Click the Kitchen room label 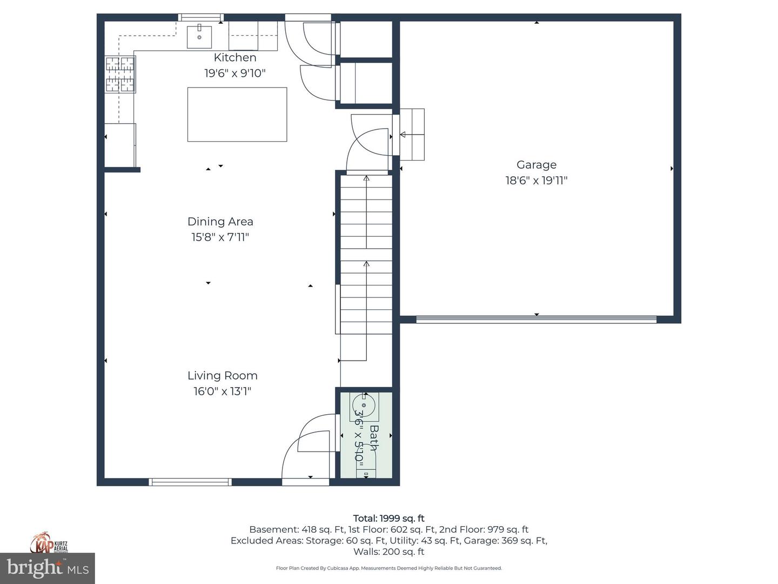click(234, 57)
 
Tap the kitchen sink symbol click(199, 36)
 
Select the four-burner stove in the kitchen click(120, 74)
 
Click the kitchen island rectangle click(237, 115)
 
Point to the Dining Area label click(220, 221)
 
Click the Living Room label click(222, 375)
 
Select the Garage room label click(536, 165)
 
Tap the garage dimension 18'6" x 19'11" click(536, 181)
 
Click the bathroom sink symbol click(364, 405)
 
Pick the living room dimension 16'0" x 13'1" click(222, 391)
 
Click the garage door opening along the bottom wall click(536, 320)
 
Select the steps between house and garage click(412, 135)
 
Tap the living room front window click(190, 482)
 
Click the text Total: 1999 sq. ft click(388, 518)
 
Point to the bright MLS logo click(48, 568)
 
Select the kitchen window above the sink click(200, 17)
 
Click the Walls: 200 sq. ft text click(388, 552)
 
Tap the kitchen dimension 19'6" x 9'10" click(234, 73)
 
